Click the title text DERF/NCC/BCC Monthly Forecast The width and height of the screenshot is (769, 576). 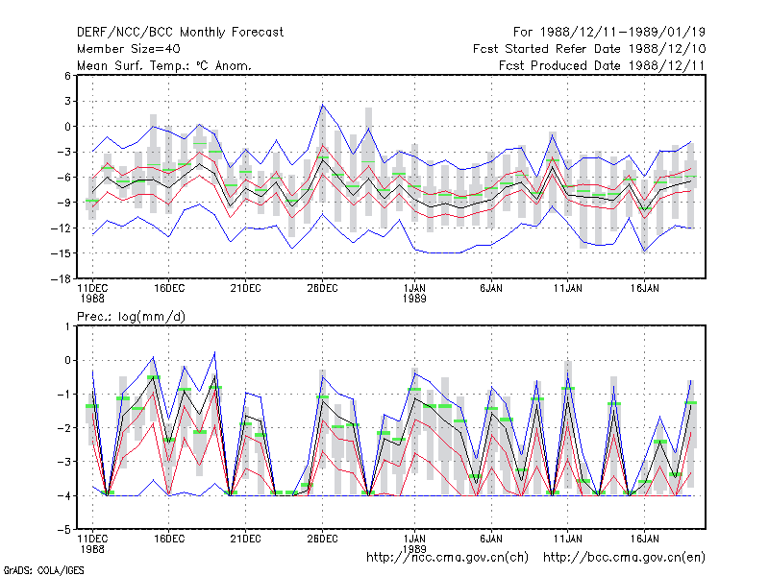[180, 33]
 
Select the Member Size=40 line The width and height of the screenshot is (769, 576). [129, 49]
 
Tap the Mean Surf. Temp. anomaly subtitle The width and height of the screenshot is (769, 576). [164, 65]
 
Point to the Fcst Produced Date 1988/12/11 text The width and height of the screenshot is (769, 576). [602, 65]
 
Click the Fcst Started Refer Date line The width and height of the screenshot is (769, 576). [589, 49]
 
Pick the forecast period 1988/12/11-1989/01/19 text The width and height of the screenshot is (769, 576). [609, 33]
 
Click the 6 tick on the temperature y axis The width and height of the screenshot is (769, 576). [67, 76]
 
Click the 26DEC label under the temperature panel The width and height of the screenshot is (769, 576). [322, 289]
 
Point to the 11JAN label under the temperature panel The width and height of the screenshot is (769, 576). [568, 289]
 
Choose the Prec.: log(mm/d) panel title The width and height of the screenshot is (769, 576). [131, 317]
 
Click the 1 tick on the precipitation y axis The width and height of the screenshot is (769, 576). [67, 326]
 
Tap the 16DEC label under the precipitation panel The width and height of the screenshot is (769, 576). [169, 539]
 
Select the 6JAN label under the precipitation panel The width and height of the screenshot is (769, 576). [491, 539]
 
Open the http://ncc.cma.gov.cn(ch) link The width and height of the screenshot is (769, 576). [447, 558]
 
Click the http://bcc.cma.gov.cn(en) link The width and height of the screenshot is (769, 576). [624, 558]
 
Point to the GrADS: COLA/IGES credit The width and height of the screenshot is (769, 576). [43, 570]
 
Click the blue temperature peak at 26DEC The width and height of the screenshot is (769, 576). [323, 105]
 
